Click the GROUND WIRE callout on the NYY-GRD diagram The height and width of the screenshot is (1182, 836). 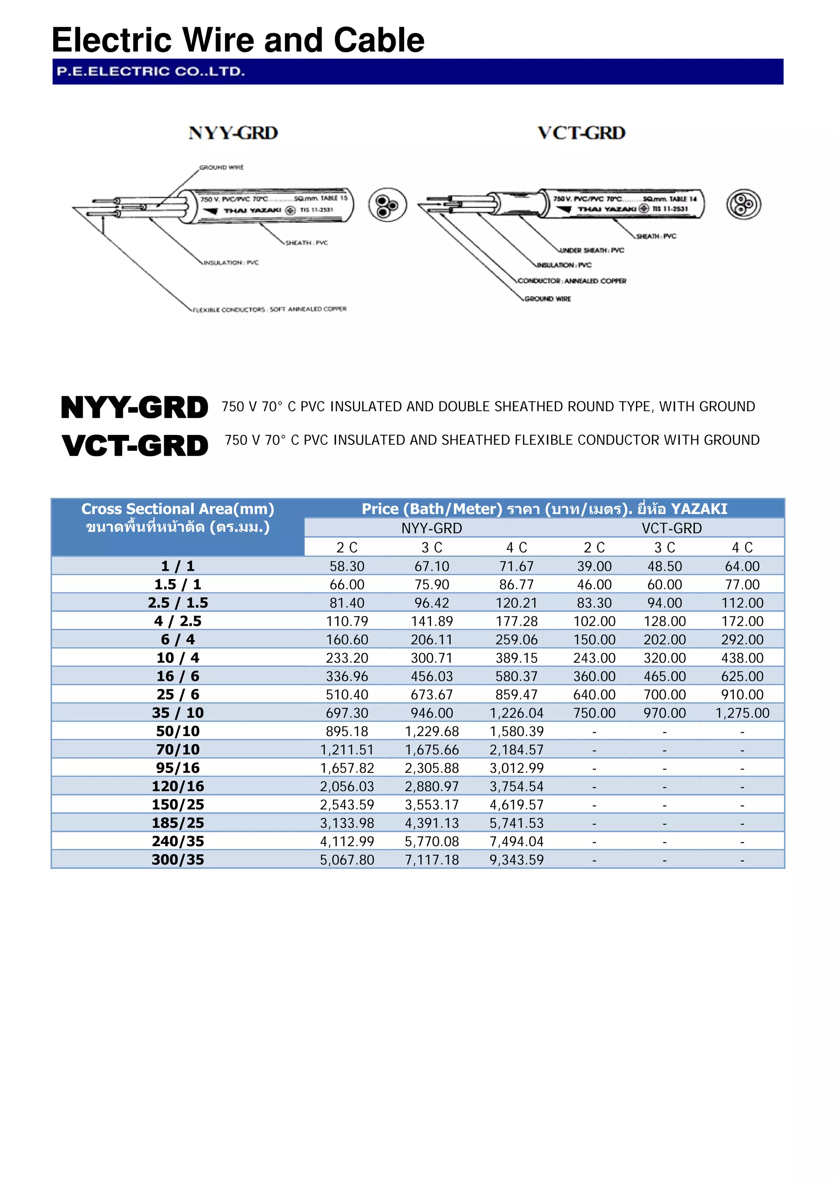(x=222, y=167)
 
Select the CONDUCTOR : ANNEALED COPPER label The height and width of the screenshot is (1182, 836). (x=572, y=281)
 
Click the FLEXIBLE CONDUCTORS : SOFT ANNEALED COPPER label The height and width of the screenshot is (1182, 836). (x=269, y=309)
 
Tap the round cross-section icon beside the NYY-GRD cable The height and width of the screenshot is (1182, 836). (x=387, y=204)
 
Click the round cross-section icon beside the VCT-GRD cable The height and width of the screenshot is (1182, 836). (x=743, y=204)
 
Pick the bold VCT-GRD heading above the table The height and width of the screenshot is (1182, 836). (x=135, y=445)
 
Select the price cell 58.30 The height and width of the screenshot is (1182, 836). (x=347, y=566)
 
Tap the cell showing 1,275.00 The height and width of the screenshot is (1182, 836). (x=742, y=713)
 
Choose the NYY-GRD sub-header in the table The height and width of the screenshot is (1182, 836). (x=431, y=528)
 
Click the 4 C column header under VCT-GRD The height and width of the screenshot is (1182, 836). (x=742, y=547)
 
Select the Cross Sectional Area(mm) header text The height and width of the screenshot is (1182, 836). (x=178, y=509)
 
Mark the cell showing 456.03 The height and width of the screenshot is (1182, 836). (x=431, y=676)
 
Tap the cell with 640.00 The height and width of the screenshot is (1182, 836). (x=594, y=694)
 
